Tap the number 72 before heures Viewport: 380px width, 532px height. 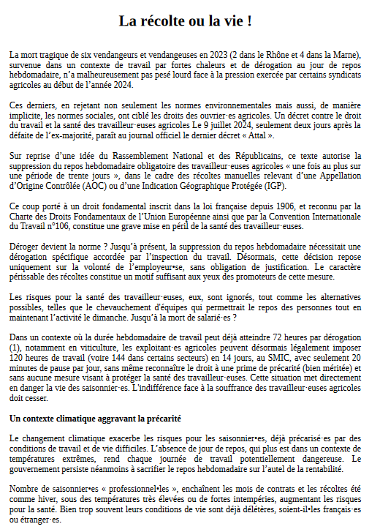[x=262, y=337]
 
